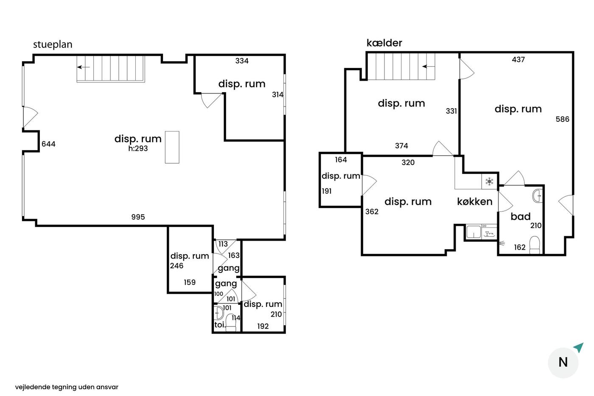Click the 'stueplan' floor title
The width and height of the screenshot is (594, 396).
tap(53, 45)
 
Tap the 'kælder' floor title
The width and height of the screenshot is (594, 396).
tap(384, 43)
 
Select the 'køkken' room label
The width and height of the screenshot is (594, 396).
tap(475, 202)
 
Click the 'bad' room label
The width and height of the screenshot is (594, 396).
tap(521, 216)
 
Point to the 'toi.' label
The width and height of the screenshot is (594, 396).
tap(220, 325)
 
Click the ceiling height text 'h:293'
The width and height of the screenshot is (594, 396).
tap(138, 148)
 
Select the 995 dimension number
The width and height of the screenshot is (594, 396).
tap(138, 217)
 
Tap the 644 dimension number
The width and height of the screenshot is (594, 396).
tap(48, 144)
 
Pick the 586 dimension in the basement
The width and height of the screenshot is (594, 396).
tap(563, 119)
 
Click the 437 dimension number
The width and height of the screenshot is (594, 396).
tap(518, 59)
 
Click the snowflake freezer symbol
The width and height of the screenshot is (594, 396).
tap(489, 182)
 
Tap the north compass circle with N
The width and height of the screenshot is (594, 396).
tap(563, 362)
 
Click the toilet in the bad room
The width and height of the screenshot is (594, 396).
tap(535, 245)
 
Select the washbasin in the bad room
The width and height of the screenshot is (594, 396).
tap(538, 196)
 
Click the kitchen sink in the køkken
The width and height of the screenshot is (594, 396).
tap(474, 232)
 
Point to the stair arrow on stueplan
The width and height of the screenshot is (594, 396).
tap(84, 67)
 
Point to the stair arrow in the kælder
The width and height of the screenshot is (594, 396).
tap(429, 66)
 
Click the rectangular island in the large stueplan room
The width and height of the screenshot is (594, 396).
tap(172, 147)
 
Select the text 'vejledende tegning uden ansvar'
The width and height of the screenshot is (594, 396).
tap(67, 387)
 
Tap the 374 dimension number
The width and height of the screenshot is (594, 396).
tap(401, 146)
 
